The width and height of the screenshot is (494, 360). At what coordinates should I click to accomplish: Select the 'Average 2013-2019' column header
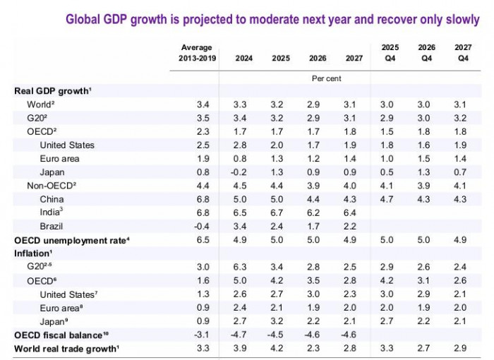coord(198,53)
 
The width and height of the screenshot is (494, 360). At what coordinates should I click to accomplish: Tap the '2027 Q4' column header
coord(463,53)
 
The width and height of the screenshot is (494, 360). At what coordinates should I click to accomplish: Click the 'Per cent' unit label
coord(325,78)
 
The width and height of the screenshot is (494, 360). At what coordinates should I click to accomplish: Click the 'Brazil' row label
coord(52,227)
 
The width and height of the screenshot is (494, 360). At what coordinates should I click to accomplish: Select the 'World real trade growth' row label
coord(65,347)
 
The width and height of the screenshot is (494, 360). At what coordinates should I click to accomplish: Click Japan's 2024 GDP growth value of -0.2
coord(240,172)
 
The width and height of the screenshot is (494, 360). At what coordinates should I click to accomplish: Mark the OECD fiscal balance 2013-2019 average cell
coord(202,334)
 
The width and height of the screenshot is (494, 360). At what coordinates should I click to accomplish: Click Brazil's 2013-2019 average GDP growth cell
coord(202,227)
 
